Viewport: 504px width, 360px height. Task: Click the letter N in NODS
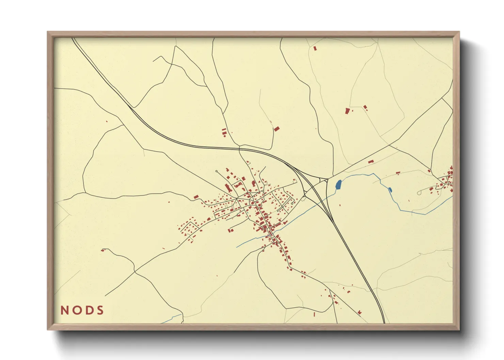pyautogui.click(x=64, y=310)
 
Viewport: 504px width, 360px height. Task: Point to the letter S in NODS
pyautogui.click(x=100, y=310)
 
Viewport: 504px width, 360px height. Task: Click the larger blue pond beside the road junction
pyautogui.click(x=338, y=185)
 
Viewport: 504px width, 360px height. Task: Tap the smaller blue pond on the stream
pyautogui.click(x=390, y=190)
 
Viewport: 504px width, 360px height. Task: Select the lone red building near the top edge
pyautogui.click(x=315, y=49)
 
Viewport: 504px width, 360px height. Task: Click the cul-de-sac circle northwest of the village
pyautogui.click(x=217, y=171)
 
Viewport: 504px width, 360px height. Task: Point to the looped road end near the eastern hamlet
pyautogui.click(x=419, y=193)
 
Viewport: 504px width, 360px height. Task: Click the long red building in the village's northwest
pyautogui.click(x=227, y=187)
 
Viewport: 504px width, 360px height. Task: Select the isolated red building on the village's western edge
pyautogui.click(x=196, y=197)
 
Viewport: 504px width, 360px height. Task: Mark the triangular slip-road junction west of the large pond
pyautogui.click(x=322, y=179)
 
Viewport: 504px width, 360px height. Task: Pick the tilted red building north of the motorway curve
pyautogui.click(x=277, y=129)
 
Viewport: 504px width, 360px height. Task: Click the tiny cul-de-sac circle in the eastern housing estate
pyautogui.click(x=293, y=203)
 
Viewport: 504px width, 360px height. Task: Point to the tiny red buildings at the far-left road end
pyautogui.click(x=103, y=250)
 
